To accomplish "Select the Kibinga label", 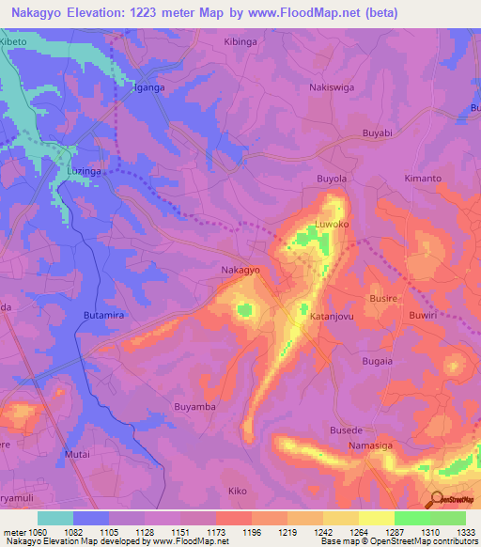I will point(240,43).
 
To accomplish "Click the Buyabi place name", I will point(376,134).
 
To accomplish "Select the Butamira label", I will point(104,317).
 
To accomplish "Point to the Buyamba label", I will point(195,406).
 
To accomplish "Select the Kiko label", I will point(239,491).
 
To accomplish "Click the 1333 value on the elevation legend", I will point(465,533).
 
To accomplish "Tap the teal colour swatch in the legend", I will point(54,518).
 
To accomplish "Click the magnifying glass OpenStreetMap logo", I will point(437,499).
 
